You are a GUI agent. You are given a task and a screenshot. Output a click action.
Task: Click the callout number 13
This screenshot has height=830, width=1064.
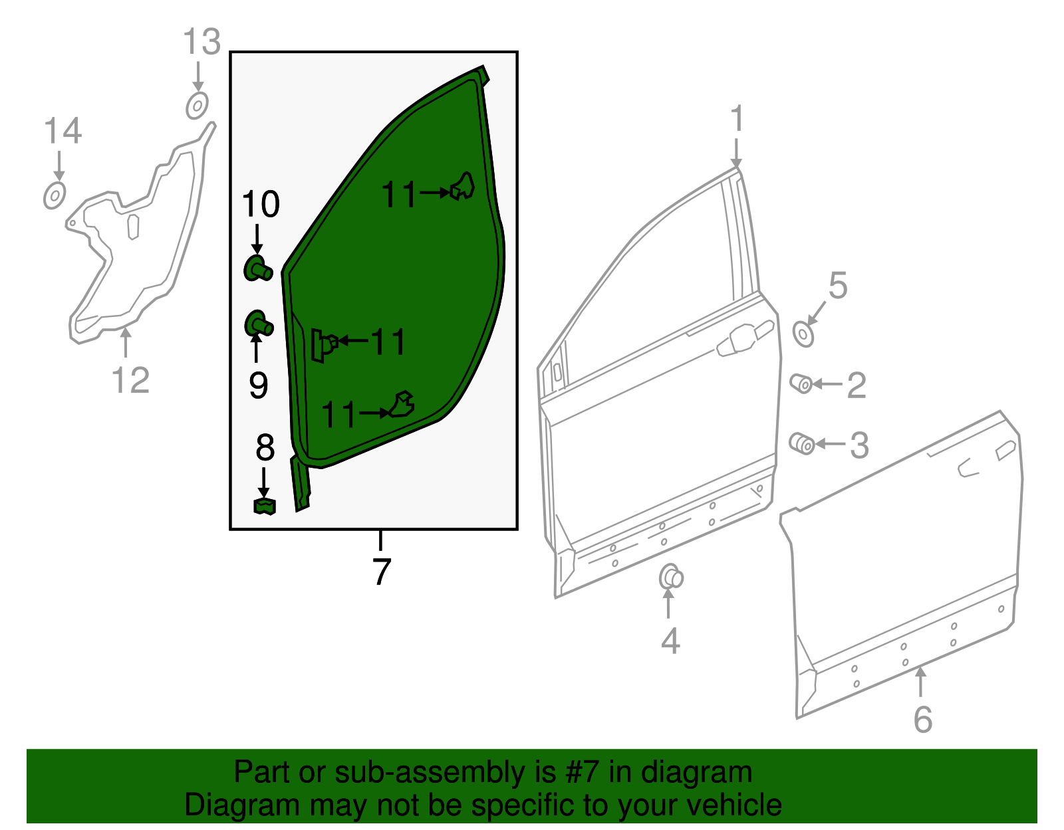click(201, 42)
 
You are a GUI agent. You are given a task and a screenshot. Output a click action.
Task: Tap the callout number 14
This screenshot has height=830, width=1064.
click(63, 131)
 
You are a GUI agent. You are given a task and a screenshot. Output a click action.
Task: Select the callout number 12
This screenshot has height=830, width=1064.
click(130, 380)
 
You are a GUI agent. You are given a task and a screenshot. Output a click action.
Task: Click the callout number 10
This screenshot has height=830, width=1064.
click(261, 204)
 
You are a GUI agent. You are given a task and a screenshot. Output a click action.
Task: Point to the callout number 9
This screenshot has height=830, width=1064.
click(259, 385)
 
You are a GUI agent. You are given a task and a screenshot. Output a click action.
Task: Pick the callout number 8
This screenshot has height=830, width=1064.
click(265, 447)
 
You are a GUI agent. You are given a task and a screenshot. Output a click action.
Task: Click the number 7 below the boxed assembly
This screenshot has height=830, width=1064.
click(382, 571)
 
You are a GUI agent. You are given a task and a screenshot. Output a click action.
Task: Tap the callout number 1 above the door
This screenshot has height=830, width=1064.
click(737, 118)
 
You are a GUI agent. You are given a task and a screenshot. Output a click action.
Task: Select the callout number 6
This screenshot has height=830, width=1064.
click(923, 720)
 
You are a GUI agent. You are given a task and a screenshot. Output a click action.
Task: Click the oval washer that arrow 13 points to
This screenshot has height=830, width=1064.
click(197, 105)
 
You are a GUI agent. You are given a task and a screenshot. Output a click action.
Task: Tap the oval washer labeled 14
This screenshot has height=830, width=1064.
click(55, 195)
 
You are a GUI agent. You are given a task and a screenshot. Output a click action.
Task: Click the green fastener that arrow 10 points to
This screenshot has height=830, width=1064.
click(257, 268)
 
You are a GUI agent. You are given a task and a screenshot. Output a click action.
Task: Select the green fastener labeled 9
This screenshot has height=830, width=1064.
click(259, 324)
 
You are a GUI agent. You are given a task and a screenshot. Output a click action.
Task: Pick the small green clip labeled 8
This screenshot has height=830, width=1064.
click(265, 506)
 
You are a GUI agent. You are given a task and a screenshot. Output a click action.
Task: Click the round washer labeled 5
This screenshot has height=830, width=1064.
click(803, 334)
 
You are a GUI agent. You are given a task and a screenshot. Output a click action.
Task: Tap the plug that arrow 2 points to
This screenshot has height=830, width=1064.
click(801, 383)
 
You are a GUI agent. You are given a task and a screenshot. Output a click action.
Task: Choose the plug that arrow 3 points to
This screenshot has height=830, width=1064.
click(802, 443)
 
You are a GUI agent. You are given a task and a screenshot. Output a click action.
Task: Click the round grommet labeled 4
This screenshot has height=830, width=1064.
click(671, 577)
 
